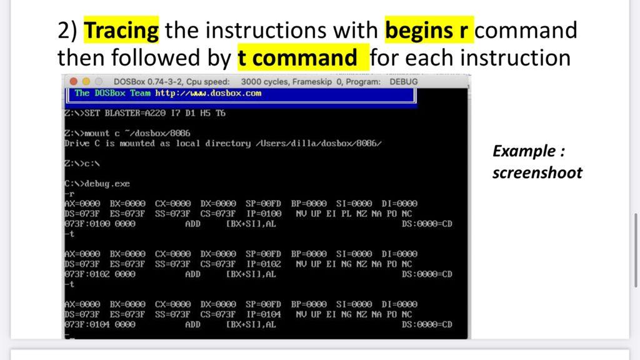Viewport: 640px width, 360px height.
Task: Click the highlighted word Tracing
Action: pyautogui.click(x=121, y=29)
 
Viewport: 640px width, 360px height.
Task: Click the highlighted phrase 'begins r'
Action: pyautogui.click(x=429, y=29)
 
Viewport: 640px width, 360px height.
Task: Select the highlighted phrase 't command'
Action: pyautogui.click(x=297, y=58)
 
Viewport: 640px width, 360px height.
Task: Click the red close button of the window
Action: pyautogui.click(x=73, y=82)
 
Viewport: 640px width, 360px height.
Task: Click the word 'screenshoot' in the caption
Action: pyautogui.click(x=537, y=173)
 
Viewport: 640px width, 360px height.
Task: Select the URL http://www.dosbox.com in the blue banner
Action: pyautogui.click(x=208, y=94)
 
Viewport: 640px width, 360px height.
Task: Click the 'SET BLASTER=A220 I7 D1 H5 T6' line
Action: pyautogui.click(x=145, y=114)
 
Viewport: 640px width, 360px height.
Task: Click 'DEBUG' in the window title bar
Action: pyautogui.click(x=403, y=82)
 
